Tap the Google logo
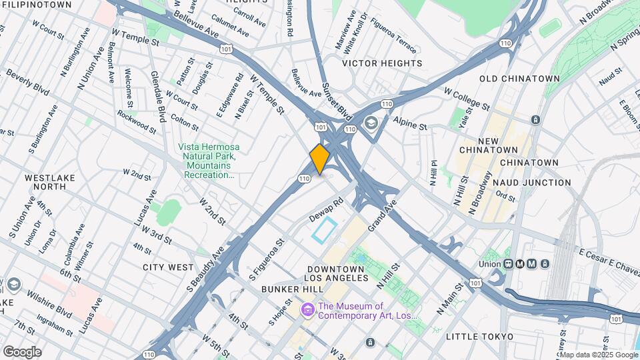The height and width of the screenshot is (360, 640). pos(22,352)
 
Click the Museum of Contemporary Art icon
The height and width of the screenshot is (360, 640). pos(307,310)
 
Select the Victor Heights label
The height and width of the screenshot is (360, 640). pos(382,63)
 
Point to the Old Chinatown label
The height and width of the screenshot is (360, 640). pos(520,79)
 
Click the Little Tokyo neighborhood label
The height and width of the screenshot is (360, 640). pos(479,336)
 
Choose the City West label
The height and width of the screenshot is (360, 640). pos(168,267)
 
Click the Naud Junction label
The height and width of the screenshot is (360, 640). pos(535,182)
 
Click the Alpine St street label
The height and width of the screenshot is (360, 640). pos(409,125)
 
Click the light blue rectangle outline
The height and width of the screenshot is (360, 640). pos(324,230)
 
